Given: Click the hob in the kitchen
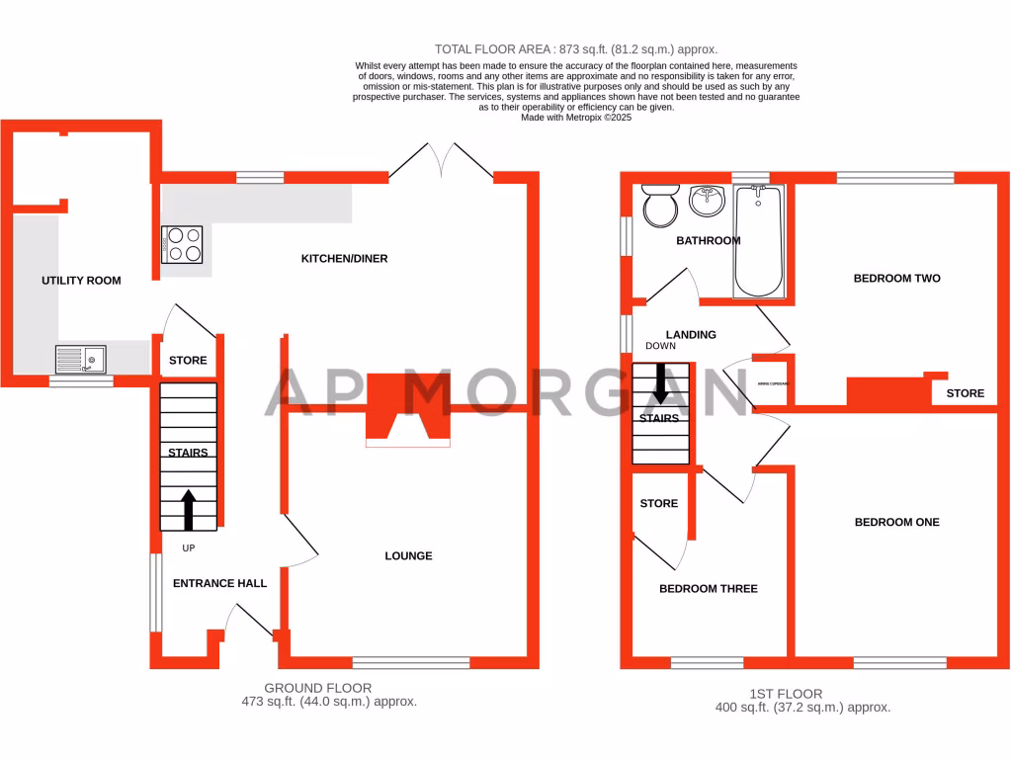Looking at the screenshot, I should tap(182, 244).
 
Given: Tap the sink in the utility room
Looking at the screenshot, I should tap(81, 358).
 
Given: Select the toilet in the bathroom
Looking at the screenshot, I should tap(658, 206).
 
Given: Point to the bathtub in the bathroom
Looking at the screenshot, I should tap(758, 241).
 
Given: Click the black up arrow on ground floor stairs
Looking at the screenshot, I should tap(188, 508).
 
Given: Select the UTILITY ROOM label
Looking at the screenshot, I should tap(81, 281).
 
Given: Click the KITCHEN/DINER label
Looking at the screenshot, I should tap(344, 259).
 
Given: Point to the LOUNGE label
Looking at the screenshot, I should tap(408, 556).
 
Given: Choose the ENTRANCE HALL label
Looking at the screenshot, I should tap(219, 584).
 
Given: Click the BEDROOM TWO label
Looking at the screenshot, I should tap(896, 279).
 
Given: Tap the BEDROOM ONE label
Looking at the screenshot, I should tap(896, 522).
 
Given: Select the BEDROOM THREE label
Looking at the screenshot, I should tap(708, 589).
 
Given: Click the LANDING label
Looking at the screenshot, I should tap(691, 335).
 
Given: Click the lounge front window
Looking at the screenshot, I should tap(410, 663).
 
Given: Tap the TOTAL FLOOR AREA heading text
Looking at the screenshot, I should tap(576, 48).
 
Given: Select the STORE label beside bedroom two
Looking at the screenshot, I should tap(965, 393).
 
